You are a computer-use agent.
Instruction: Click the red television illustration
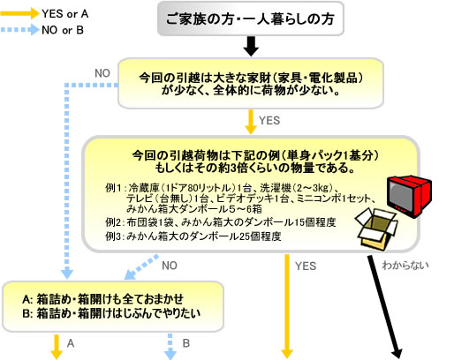(x=409, y=196)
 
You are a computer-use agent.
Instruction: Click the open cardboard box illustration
(x=376, y=229)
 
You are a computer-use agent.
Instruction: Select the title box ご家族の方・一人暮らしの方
(x=251, y=19)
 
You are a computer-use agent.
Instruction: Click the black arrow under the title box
(x=251, y=46)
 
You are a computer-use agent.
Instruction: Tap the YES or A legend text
(x=65, y=13)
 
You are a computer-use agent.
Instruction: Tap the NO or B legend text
(x=63, y=30)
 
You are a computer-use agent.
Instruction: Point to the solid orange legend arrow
(x=19, y=13)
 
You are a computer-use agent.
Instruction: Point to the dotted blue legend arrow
(x=19, y=30)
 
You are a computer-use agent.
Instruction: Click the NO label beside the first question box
(x=102, y=73)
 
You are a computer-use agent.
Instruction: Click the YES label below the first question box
(x=269, y=121)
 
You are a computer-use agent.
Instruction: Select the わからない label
(x=405, y=266)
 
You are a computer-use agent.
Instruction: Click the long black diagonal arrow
(x=385, y=306)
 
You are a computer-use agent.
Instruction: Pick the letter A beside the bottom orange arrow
(x=71, y=343)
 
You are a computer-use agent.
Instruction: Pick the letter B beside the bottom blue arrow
(x=186, y=343)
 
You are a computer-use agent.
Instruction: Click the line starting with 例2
(x=221, y=222)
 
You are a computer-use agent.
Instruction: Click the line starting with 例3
(x=193, y=236)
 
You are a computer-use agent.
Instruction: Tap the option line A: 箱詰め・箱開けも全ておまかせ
(x=102, y=299)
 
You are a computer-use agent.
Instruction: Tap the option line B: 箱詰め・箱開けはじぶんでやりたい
(x=111, y=313)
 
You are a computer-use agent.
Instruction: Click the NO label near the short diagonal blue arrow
(x=170, y=266)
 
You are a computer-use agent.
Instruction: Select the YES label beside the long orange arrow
(x=306, y=266)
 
